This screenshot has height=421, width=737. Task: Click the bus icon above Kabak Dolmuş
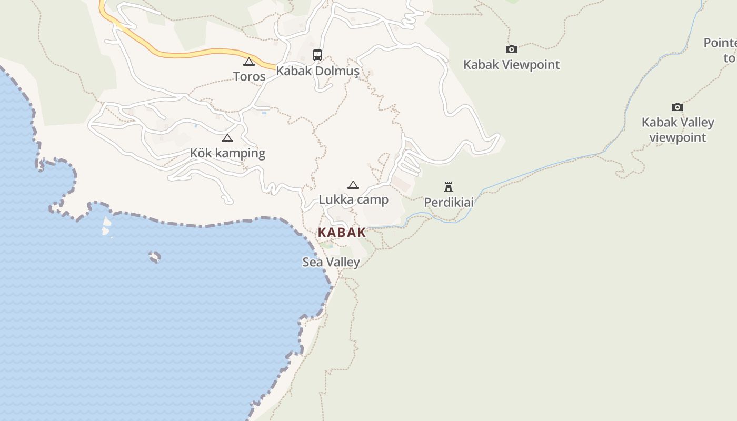click(x=317, y=55)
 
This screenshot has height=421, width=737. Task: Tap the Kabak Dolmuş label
click(x=317, y=71)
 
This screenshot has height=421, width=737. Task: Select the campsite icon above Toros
click(x=249, y=62)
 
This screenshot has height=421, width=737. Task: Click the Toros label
click(x=249, y=76)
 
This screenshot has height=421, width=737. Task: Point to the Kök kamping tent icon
click(x=227, y=138)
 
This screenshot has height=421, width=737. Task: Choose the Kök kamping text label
click(x=227, y=153)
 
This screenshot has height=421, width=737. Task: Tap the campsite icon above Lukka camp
click(x=353, y=185)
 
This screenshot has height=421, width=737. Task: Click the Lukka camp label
click(x=353, y=199)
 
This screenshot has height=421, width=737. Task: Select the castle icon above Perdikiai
click(x=449, y=186)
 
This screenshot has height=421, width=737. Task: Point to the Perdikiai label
click(x=449, y=202)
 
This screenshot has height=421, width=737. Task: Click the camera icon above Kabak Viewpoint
click(x=511, y=49)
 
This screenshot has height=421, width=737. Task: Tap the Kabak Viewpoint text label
click(x=511, y=65)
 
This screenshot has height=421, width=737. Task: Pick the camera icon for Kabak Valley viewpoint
click(x=678, y=107)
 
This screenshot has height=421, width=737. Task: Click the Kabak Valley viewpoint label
click(x=678, y=129)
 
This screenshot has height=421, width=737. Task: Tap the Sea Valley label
click(x=331, y=262)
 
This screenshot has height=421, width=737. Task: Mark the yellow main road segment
click(x=200, y=53)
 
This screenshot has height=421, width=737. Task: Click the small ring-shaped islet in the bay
click(x=154, y=257)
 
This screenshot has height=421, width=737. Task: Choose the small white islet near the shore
click(x=106, y=226)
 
